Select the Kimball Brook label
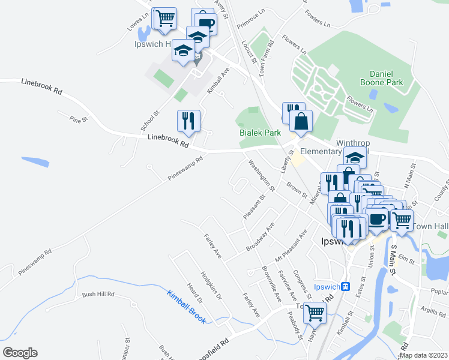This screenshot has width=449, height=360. pyautogui.click(x=186, y=306)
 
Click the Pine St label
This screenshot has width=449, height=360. pyautogui.click(x=79, y=119)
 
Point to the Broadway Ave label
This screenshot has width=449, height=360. pyautogui.click(x=259, y=238)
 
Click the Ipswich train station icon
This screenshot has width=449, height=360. pyautogui.click(x=346, y=286)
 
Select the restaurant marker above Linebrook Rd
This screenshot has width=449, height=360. pyautogui.click(x=188, y=121)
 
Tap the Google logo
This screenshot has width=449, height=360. pyautogui.click(x=20, y=353)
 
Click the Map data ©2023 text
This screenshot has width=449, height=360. pyautogui.click(x=423, y=355)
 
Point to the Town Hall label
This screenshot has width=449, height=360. pyautogui.click(x=430, y=227)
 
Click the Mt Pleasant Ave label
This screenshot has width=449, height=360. pyautogui.click(x=291, y=245)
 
